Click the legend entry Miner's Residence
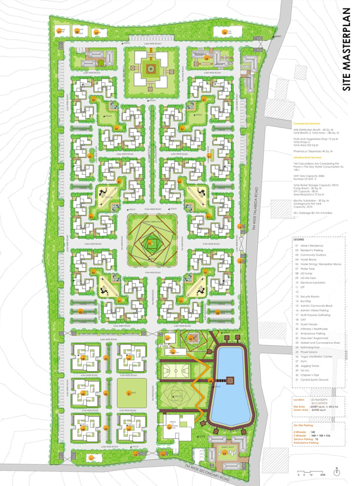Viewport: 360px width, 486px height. tap(312, 246)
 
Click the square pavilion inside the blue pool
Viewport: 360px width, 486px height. tap(230, 380)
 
